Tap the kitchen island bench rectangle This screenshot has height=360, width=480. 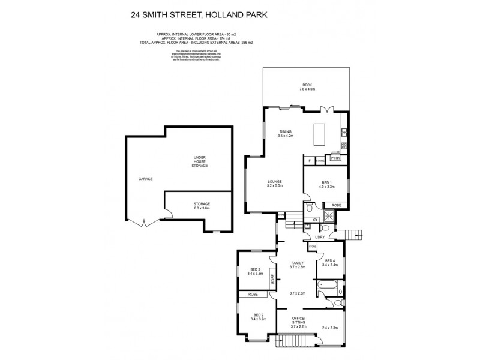(317, 134)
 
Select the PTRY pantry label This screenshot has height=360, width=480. (335, 158)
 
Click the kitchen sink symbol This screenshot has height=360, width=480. (344, 132)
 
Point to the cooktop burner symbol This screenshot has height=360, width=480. (344, 146)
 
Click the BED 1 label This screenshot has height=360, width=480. (326, 182)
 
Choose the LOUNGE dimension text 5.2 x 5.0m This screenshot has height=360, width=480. (275, 186)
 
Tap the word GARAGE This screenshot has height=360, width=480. (146, 179)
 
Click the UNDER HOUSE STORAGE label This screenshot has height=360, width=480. (200, 161)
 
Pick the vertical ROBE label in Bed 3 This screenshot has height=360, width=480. (272, 278)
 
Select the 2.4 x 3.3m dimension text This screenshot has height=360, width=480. (329, 328)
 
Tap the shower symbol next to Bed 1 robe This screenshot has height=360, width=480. (330, 217)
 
